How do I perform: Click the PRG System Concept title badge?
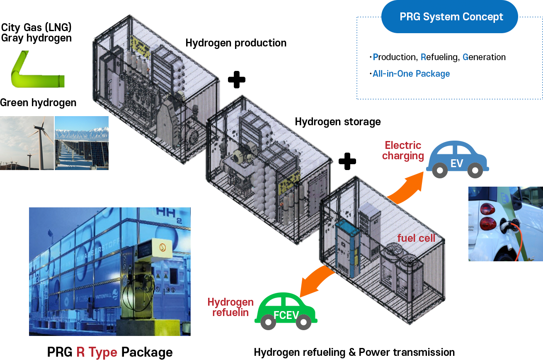[x=451, y=17]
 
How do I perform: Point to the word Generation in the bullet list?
[x=484, y=57]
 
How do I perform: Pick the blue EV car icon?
[x=457, y=159]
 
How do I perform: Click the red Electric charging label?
[x=403, y=151]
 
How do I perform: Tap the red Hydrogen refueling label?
[x=230, y=307]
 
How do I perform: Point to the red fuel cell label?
[x=416, y=238]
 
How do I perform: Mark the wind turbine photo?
[x=27, y=143]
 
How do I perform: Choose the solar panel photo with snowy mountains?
[x=82, y=143]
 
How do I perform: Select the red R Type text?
[x=97, y=352]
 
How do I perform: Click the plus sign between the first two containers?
[x=236, y=79]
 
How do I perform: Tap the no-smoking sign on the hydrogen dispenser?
[x=162, y=248]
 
